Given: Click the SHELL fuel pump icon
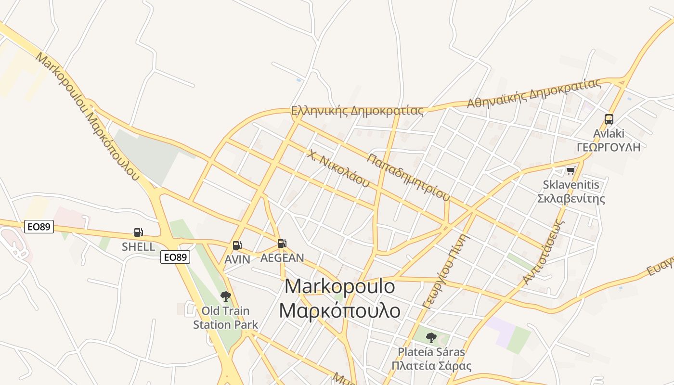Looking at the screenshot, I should point(139,232).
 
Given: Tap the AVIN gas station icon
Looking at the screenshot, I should point(237,245).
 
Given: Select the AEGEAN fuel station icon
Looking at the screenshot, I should point(282,244).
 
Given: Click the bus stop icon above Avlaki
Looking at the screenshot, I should point(609,119).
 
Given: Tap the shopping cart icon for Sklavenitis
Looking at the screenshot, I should point(571,170).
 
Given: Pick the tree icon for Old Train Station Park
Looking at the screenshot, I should point(225,296).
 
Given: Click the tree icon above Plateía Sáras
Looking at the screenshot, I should point(431,337).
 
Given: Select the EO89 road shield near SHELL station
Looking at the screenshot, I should point(39,227).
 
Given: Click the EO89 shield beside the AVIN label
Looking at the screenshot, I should point(175,257).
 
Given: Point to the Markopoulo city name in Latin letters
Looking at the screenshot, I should point(339,287).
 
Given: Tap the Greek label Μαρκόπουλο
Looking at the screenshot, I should point(339,310).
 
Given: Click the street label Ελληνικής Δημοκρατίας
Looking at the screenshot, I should point(357,111).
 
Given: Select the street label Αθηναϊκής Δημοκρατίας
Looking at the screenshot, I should point(534,93).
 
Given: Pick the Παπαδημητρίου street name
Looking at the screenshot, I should point(408,177).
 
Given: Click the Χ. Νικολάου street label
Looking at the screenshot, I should point(339,169).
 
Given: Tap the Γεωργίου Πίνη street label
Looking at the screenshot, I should point(445,271).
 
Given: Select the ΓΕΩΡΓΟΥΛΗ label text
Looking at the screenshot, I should point(609,147).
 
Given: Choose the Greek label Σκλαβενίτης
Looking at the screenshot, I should point(571,199).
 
